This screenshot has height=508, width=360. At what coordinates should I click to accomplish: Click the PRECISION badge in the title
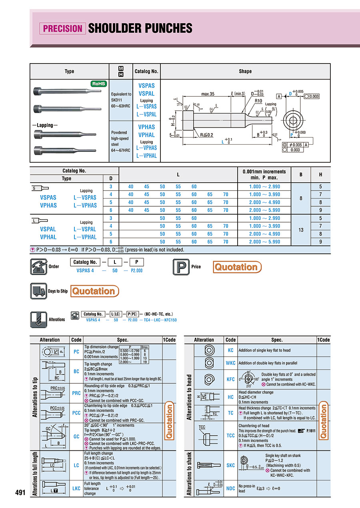point(62,28)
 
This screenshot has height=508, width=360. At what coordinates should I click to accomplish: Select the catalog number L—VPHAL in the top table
point(146,156)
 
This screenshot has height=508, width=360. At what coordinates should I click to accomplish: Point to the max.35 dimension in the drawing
point(208,94)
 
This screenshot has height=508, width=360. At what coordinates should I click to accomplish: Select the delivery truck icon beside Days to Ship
point(38,291)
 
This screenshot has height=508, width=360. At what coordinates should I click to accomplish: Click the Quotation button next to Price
point(238,267)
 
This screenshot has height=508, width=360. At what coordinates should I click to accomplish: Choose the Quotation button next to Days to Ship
point(95,291)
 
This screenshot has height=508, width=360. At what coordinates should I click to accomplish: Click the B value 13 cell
point(301,230)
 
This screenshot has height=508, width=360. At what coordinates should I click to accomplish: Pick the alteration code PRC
point(76,393)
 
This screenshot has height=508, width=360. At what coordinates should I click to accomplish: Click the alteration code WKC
point(230,363)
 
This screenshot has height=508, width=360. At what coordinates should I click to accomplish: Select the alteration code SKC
point(230,466)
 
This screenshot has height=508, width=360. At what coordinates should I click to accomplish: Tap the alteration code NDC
point(230,488)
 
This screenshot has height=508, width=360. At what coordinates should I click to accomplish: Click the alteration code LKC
point(76,488)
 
